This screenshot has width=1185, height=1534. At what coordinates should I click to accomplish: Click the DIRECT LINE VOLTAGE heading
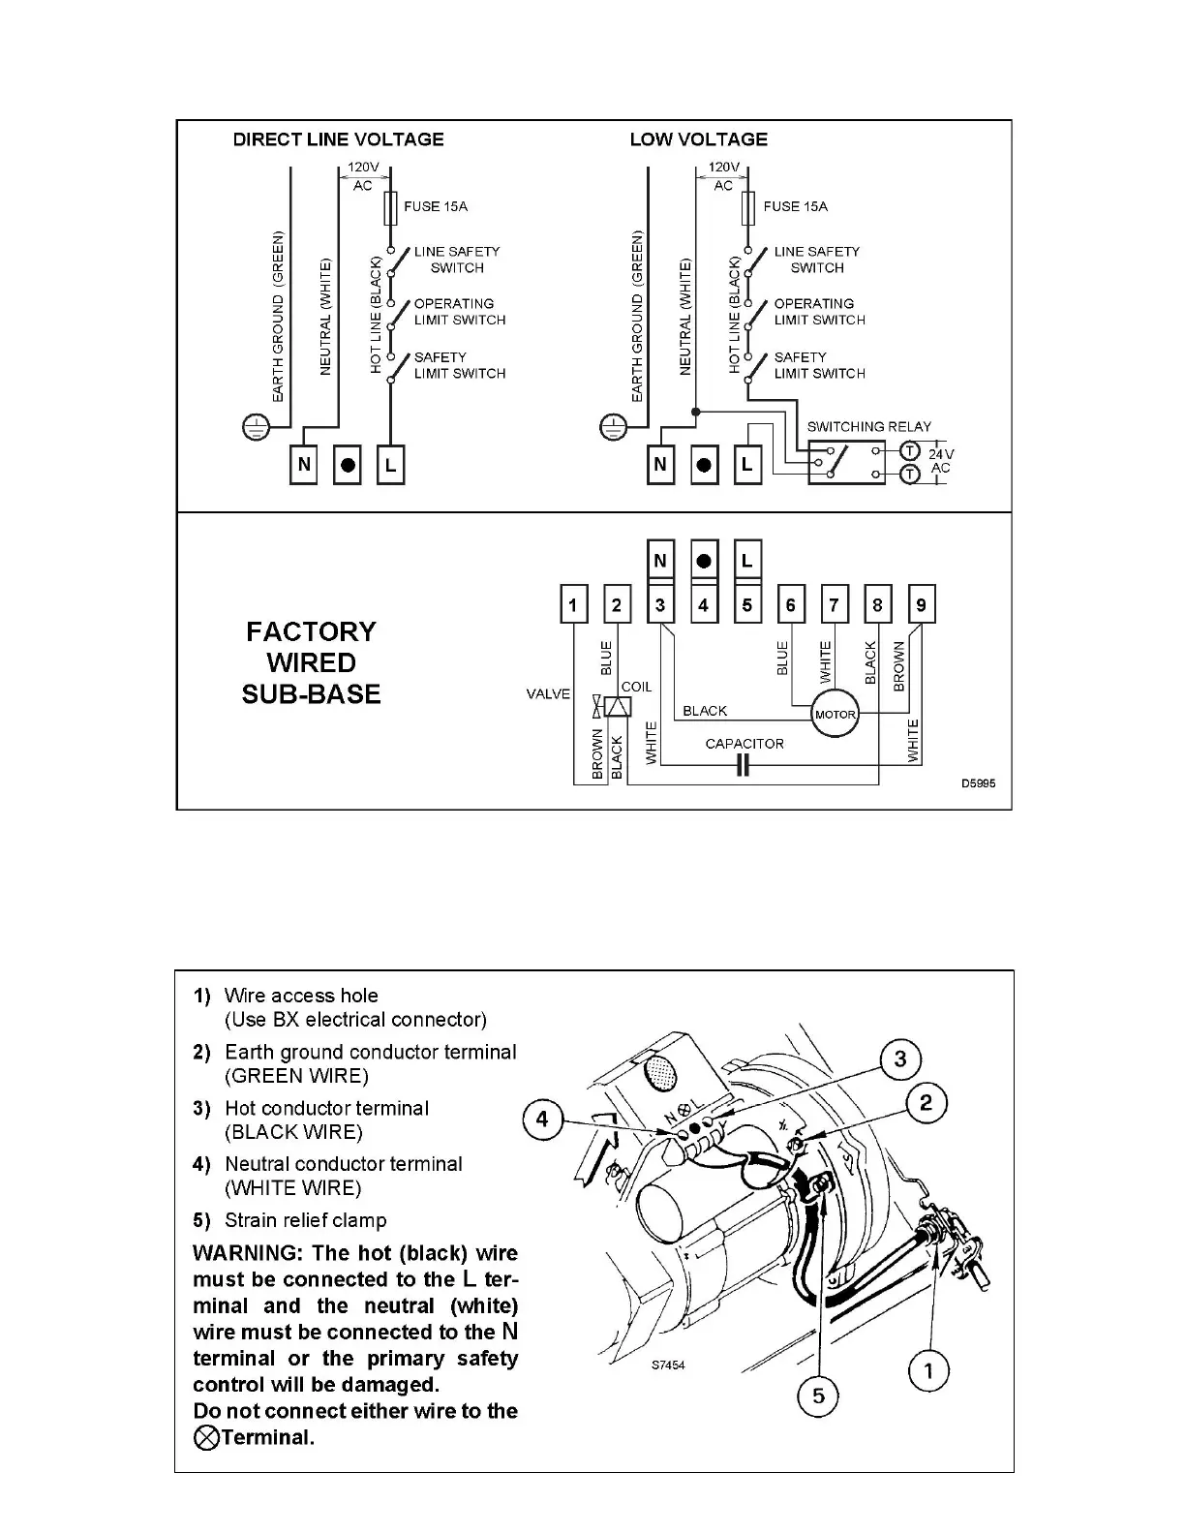338,139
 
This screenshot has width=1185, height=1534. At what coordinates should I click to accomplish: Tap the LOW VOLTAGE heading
698,139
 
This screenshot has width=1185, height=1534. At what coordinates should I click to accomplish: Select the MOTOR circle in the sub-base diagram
835,715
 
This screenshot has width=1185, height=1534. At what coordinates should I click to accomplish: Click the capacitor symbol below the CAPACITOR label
743,767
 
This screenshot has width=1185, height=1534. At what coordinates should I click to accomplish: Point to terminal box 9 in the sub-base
921,605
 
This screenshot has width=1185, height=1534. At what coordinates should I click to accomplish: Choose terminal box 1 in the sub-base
573,605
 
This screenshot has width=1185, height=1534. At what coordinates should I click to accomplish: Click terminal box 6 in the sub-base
790,605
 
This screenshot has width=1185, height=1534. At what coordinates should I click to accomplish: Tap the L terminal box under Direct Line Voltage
390,465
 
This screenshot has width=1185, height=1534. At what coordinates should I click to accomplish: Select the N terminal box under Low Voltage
660,465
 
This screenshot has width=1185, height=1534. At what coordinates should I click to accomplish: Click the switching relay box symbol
846,462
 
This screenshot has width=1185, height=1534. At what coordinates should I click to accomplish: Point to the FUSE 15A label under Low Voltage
795,206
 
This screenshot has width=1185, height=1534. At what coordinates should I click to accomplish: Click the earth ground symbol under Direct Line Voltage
255,427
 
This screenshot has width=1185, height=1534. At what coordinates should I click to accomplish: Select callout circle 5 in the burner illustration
818,1396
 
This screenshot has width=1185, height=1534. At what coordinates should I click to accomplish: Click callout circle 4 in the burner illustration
542,1120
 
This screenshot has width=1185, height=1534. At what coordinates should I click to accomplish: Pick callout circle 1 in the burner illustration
929,1371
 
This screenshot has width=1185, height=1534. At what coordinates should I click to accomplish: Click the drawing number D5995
978,783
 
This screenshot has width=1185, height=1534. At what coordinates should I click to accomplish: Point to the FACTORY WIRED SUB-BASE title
311,662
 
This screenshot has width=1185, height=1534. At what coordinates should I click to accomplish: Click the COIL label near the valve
636,687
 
